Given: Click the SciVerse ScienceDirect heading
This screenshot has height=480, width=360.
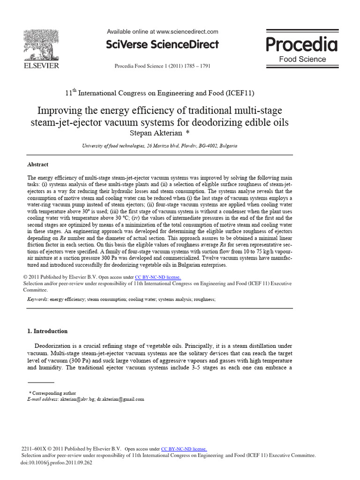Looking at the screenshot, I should (x=163, y=45).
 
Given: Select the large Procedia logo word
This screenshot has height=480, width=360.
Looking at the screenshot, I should (x=302, y=45).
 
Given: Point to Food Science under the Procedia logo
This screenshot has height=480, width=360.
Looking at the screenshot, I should (x=302, y=59).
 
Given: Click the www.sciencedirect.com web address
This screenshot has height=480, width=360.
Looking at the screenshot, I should (x=187, y=32).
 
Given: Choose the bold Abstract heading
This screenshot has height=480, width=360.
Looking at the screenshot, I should (x=38, y=165).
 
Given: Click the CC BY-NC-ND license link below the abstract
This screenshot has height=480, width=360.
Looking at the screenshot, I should (x=157, y=277).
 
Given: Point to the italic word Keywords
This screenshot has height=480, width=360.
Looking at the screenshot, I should (x=37, y=299).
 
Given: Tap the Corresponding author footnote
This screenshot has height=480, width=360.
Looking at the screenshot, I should (x=52, y=393).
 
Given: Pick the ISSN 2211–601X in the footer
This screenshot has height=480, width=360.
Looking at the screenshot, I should (x=36, y=449).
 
